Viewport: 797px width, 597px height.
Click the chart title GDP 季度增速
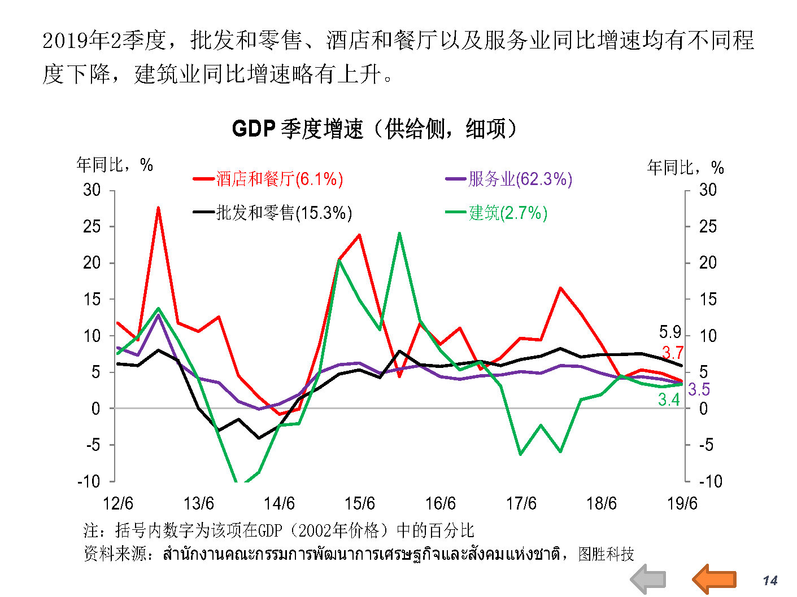(x=374, y=129)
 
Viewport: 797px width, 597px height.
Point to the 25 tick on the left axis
(x=92, y=226)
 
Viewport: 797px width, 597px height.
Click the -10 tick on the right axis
(x=711, y=481)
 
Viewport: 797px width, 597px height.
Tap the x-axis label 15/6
(x=360, y=503)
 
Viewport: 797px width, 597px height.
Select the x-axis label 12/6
(x=117, y=503)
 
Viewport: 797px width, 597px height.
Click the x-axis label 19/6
(x=682, y=503)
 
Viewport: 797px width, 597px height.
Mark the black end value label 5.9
(x=670, y=332)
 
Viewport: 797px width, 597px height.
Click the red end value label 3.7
(x=672, y=353)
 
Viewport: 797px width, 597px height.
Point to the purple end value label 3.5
(x=699, y=389)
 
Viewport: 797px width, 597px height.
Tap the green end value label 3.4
(x=669, y=400)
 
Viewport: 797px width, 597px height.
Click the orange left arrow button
(x=714, y=578)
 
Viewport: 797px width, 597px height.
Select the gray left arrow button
(x=648, y=580)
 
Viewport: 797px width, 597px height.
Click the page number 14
(x=770, y=581)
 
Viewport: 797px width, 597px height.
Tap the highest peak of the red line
(x=158, y=208)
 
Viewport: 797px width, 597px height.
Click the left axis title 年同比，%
(x=115, y=165)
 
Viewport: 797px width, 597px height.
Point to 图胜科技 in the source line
(x=606, y=554)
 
